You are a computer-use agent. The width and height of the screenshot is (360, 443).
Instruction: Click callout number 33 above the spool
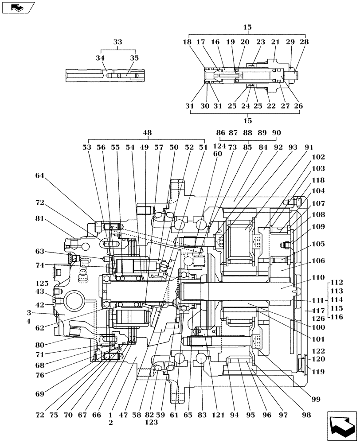117,43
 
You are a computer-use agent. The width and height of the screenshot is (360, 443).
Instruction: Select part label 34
102,58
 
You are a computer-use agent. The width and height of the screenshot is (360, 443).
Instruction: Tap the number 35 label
134,58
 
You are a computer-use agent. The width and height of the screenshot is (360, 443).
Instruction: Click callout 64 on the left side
40,175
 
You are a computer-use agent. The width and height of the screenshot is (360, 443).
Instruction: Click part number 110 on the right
318,278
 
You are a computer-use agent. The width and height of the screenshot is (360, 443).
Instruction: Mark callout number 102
318,157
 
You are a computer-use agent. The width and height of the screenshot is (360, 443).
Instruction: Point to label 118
318,181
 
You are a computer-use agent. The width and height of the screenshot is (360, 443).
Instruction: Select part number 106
318,261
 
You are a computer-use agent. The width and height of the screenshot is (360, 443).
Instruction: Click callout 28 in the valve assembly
304,42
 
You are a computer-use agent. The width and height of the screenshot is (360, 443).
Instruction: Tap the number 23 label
260,42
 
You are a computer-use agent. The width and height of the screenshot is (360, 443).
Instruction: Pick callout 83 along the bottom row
202,415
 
